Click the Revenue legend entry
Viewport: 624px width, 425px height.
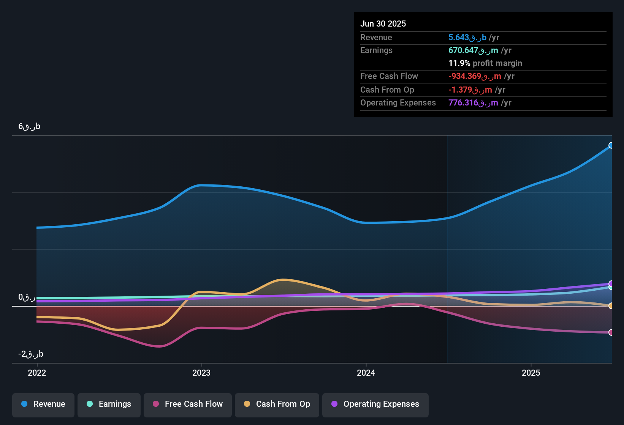(x=43, y=404)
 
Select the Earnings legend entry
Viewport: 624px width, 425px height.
(x=109, y=404)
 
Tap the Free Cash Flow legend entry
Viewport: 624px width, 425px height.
(x=188, y=404)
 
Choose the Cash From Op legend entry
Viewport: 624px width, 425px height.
(x=277, y=404)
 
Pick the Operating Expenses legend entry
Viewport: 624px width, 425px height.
(x=375, y=404)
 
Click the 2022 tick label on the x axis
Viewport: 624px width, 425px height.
(x=37, y=373)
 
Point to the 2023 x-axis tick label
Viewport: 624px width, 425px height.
(x=201, y=373)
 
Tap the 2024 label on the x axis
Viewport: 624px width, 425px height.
(x=366, y=373)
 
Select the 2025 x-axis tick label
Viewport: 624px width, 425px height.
(x=531, y=373)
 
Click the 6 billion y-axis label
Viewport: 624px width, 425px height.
(x=29, y=126)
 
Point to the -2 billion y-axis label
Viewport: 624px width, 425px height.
(x=31, y=354)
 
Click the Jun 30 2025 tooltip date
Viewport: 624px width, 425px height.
(x=383, y=24)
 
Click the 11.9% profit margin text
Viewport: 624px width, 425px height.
(x=485, y=63)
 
